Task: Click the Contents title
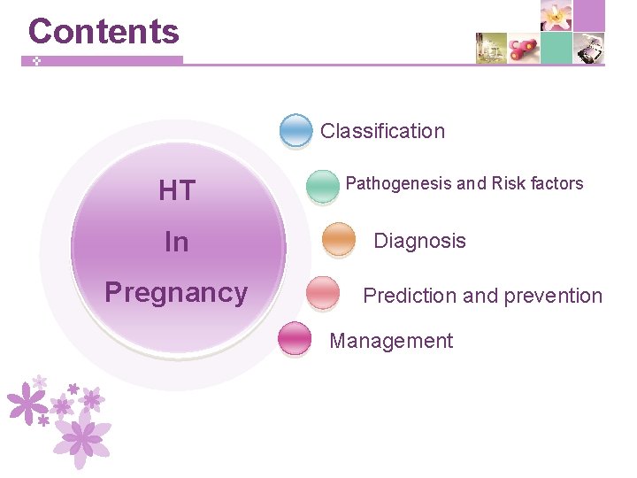[104, 32]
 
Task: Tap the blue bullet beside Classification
[295, 130]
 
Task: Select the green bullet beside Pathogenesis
[322, 185]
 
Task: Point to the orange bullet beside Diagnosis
[339, 239]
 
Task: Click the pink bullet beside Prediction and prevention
[322, 293]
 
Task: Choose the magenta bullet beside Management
[295, 339]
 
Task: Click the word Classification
[382, 131]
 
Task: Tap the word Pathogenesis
[398, 184]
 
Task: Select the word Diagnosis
[419, 241]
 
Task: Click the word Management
[391, 341]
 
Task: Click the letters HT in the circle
[177, 190]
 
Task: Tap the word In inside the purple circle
[177, 242]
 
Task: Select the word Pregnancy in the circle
[176, 293]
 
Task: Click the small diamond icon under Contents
[37, 62]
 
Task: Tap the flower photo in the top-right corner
[556, 15]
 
